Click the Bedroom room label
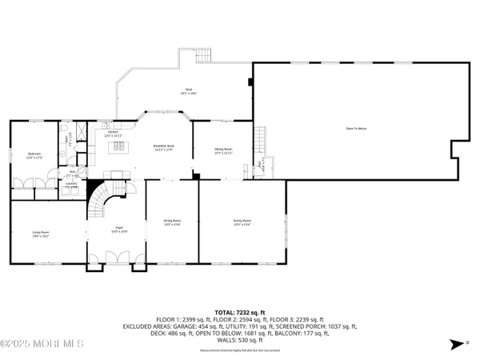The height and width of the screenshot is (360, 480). [34, 155]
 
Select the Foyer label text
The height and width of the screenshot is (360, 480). [117, 230]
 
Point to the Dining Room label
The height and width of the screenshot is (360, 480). [172, 222]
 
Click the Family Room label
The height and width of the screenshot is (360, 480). [242, 222]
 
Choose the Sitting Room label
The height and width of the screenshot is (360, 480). [223, 150]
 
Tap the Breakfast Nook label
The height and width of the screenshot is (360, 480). [164, 146]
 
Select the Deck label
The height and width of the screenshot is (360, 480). [189, 91]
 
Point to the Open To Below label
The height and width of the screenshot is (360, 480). [356, 128]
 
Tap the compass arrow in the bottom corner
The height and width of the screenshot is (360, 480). [457, 346]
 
